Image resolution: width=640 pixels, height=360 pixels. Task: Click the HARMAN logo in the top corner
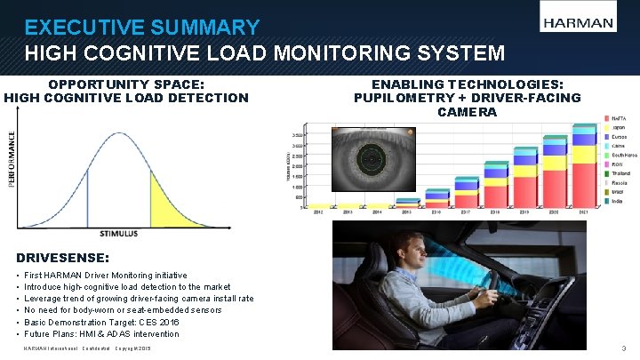point(577,23)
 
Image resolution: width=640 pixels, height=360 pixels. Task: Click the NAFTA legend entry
point(620,118)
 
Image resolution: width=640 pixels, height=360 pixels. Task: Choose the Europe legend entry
point(619,136)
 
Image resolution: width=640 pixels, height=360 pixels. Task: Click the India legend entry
point(618,202)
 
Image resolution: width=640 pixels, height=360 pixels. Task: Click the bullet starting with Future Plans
point(101,334)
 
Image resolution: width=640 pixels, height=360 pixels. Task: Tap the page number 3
point(624,348)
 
